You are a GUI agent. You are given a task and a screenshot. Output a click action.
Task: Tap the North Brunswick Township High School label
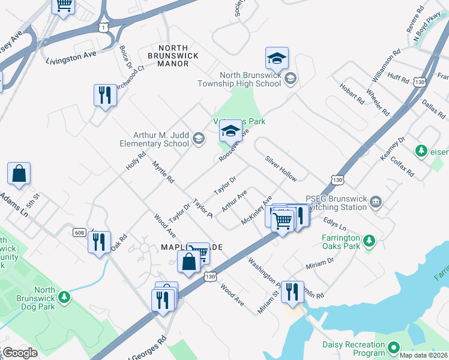(x=250, y=79)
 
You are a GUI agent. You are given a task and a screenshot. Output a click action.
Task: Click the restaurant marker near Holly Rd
(x=105, y=94)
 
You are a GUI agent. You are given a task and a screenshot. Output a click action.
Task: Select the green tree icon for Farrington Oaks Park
(x=370, y=241)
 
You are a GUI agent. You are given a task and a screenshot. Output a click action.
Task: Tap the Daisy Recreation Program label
(x=354, y=349)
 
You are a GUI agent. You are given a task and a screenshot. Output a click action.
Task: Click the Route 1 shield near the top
(x=104, y=27)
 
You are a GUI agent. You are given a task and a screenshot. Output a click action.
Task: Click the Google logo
(x=20, y=353)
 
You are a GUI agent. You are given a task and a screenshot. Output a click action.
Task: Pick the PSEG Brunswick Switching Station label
(x=336, y=203)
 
